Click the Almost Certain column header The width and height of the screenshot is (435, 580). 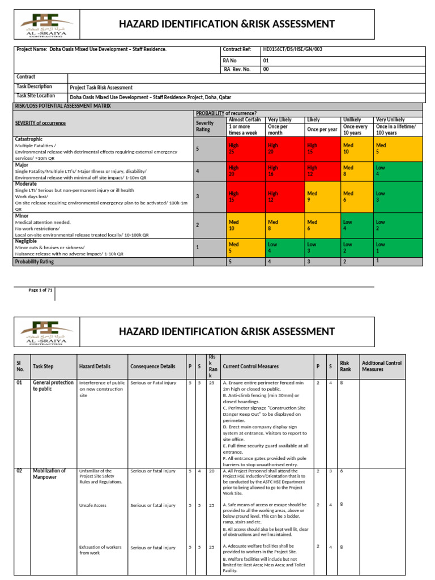click(244, 120)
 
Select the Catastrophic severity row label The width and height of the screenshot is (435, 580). click(28, 139)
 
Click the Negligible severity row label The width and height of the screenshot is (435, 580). click(26, 241)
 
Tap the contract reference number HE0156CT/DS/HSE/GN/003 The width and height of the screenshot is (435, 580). click(293, 49)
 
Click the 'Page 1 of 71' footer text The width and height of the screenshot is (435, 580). click(41, 291)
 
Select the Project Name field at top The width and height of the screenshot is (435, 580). click(91, 49)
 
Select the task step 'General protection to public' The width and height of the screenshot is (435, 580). click(53, 386)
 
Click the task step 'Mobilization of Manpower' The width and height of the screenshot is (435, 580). click(49, 474)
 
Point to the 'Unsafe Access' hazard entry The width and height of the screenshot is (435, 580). click(93, 505)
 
